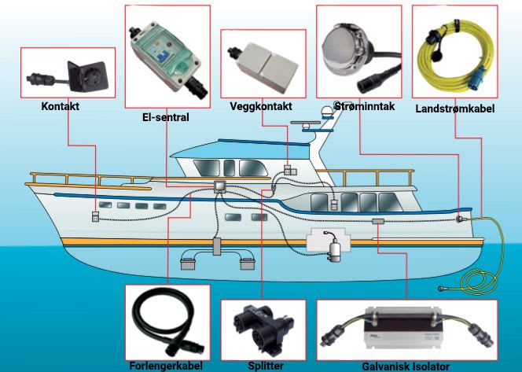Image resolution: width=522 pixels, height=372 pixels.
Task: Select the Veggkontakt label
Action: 260,106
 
